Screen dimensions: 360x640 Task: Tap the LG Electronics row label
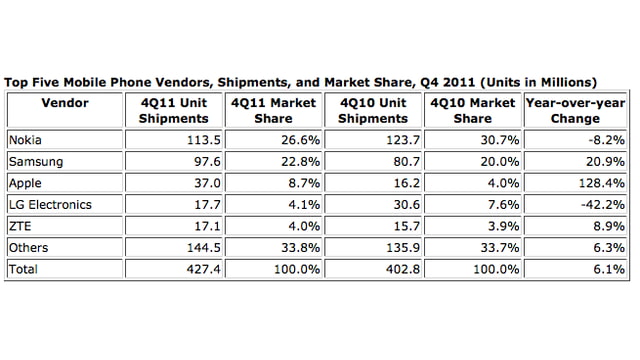pos(49,204)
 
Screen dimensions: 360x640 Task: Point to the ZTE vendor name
pos(20,226)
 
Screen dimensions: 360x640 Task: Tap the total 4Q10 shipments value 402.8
pos(397,269)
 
